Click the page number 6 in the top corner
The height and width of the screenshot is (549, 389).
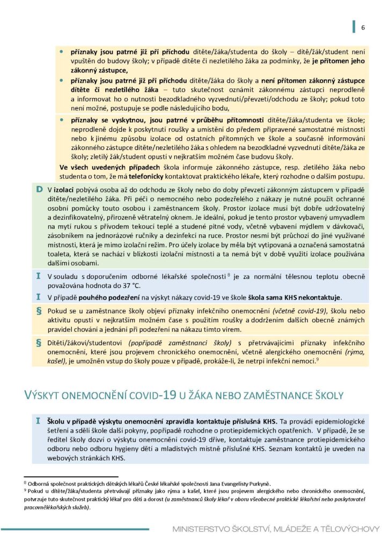363,28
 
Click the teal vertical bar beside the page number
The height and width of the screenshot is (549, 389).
354,27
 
